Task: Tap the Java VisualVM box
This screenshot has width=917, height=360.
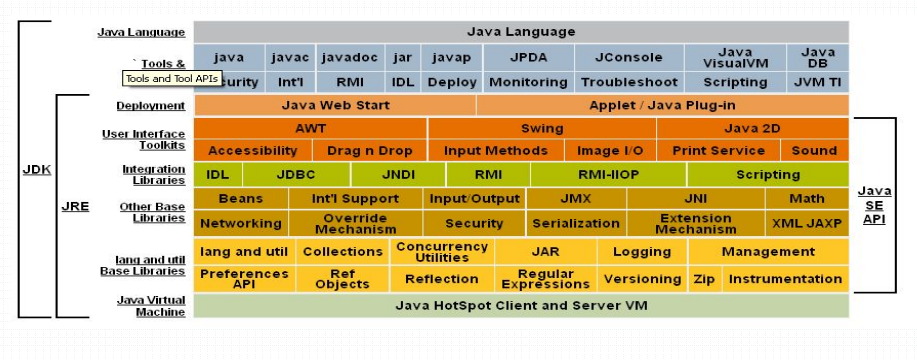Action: pos(734,57)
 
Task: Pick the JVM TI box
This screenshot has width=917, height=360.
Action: pos(817,82)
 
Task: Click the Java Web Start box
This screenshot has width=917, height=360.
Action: pos(334,105)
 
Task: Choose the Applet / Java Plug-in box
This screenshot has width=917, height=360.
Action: pos(662,105)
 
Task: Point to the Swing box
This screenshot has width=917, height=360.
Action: pos(541,128)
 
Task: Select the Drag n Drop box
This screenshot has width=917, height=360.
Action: pos(369,151)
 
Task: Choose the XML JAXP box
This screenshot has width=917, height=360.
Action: pos(807,223)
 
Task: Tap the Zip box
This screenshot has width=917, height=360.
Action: pos(704,279)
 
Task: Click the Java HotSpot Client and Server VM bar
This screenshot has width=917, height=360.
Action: pos(520,305)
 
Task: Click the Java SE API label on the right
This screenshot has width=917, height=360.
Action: pos(873,205)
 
